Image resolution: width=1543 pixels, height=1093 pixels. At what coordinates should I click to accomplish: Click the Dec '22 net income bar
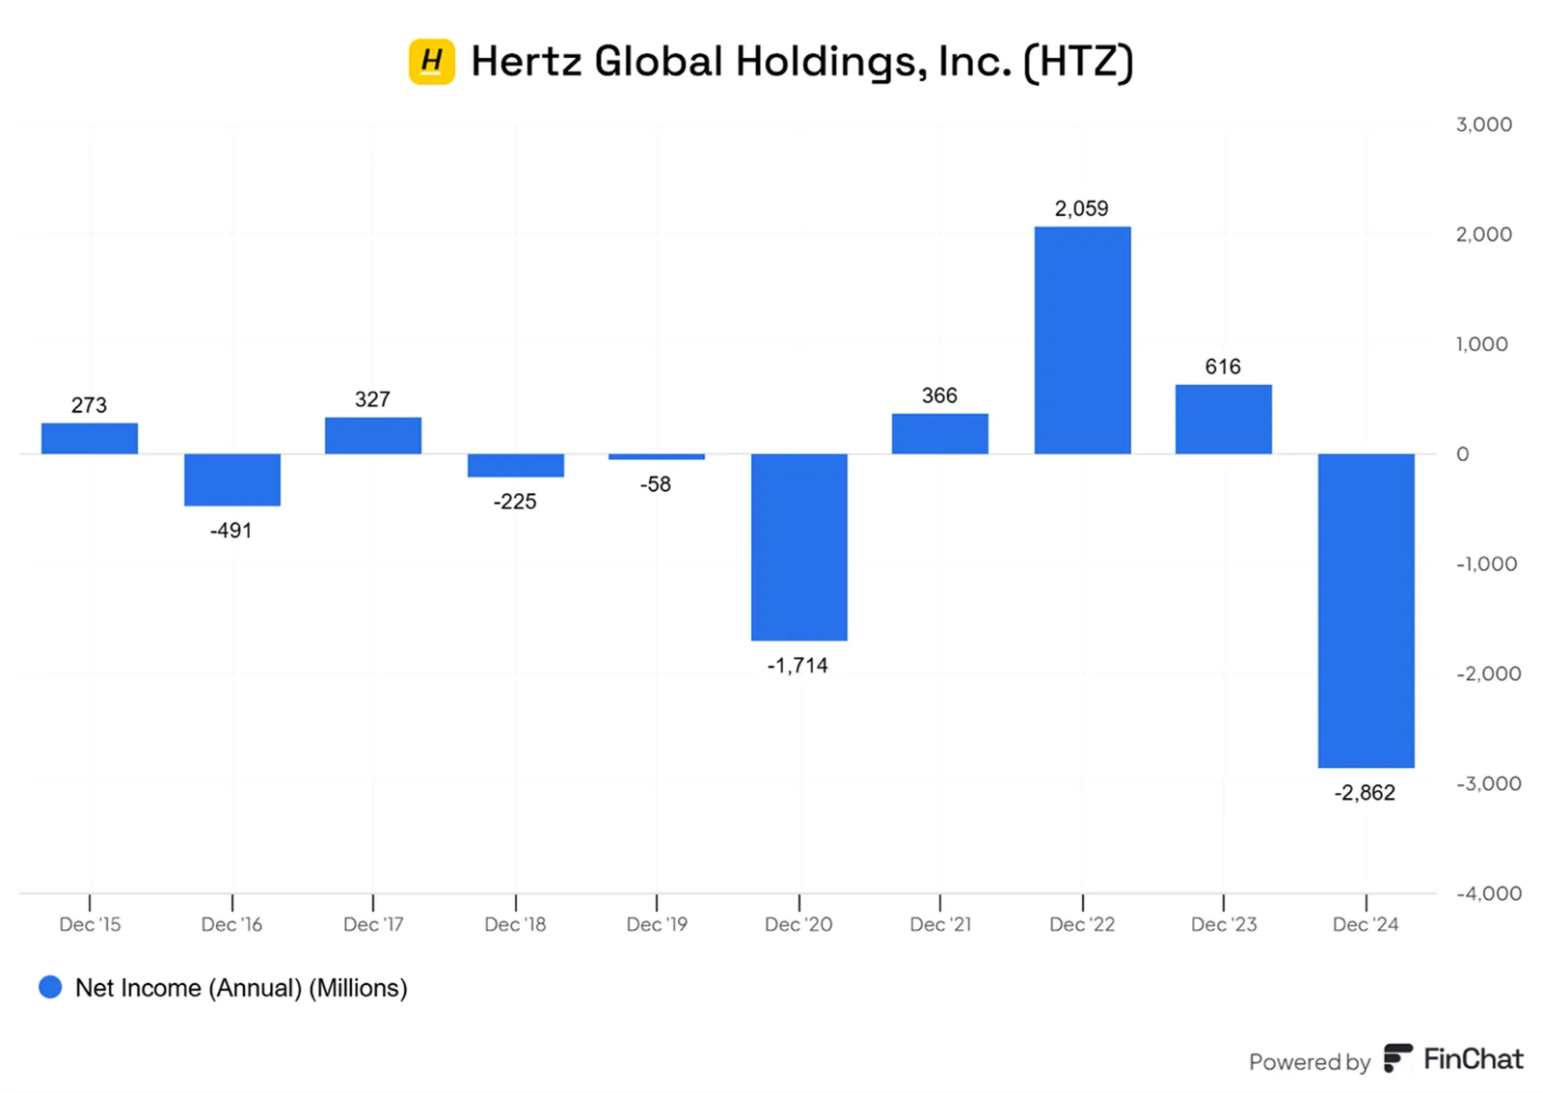1082,340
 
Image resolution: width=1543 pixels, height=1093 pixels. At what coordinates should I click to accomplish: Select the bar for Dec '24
1366,611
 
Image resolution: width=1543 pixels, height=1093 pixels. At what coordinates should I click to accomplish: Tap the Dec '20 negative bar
799,547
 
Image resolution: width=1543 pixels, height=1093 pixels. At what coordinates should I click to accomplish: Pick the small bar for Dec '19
657,457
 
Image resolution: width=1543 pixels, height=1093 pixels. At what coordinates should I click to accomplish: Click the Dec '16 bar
232,479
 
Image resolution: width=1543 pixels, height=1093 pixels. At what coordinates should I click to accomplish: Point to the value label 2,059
1081,208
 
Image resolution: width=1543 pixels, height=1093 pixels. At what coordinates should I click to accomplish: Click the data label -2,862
1365,793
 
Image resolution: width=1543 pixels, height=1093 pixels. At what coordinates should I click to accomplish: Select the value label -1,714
798,665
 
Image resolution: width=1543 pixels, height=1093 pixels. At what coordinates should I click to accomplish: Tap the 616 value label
1223,366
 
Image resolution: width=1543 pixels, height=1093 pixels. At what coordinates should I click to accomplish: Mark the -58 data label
655,484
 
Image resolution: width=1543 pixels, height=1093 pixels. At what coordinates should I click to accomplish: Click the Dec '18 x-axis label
515,924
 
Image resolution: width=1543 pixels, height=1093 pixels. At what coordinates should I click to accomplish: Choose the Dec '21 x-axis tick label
940,924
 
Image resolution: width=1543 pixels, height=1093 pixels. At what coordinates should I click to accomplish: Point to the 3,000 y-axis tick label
1484,124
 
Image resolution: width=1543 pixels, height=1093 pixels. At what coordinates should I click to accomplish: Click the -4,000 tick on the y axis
1489,893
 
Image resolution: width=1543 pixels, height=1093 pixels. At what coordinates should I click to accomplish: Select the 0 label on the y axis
1462,454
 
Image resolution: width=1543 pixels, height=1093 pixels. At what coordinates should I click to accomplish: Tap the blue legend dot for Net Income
50,987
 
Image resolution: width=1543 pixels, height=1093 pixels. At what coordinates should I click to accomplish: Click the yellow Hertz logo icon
432,62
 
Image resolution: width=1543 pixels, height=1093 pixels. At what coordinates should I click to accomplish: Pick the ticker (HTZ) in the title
1078,62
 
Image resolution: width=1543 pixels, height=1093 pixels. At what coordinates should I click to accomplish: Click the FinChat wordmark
1473,1059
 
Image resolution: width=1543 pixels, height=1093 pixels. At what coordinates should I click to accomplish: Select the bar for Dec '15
90,438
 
